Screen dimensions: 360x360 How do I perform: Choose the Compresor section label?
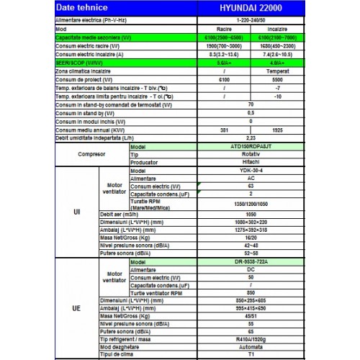91,154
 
